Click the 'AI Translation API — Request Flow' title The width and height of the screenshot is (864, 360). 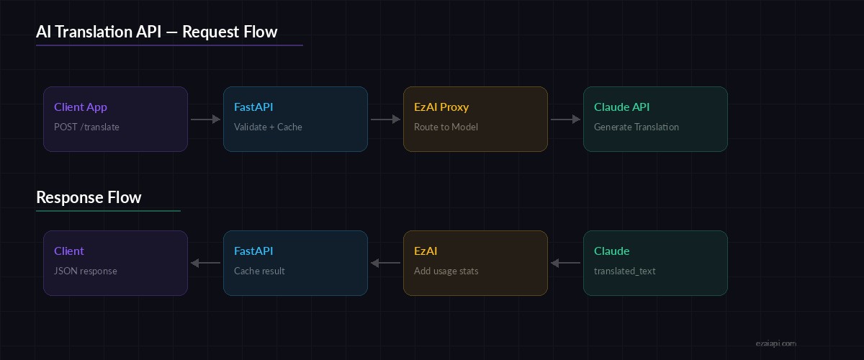coord(156,32)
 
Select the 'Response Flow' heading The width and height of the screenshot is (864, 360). coord(89,197)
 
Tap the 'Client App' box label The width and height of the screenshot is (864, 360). coord(81,107)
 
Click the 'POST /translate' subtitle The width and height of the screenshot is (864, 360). coord(86,127)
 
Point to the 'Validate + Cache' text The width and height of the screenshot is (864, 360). coord(268,127)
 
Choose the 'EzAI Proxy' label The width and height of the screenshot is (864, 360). coord(441,107)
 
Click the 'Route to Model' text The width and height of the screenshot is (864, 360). coord(446,127)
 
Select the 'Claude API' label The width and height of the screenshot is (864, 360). coord(622,107)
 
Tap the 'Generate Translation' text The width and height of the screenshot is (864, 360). coord(636,127)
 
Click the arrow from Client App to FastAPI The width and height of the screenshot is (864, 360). coord(205,120)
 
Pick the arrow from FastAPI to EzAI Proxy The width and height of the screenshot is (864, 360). coord(385,120)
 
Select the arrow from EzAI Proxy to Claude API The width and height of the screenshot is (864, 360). coord(565,120)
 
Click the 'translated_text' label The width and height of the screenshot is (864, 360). coord(624,271)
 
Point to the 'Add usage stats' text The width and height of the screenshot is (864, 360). coord(446,271)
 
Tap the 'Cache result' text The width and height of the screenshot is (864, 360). coord(259,271)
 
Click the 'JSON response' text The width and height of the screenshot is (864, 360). coord(86,271)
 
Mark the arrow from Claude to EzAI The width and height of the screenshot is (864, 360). coord(565,264)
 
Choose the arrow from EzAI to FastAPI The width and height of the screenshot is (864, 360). coord(385,264)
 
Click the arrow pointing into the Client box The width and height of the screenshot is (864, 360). coord(205,264)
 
